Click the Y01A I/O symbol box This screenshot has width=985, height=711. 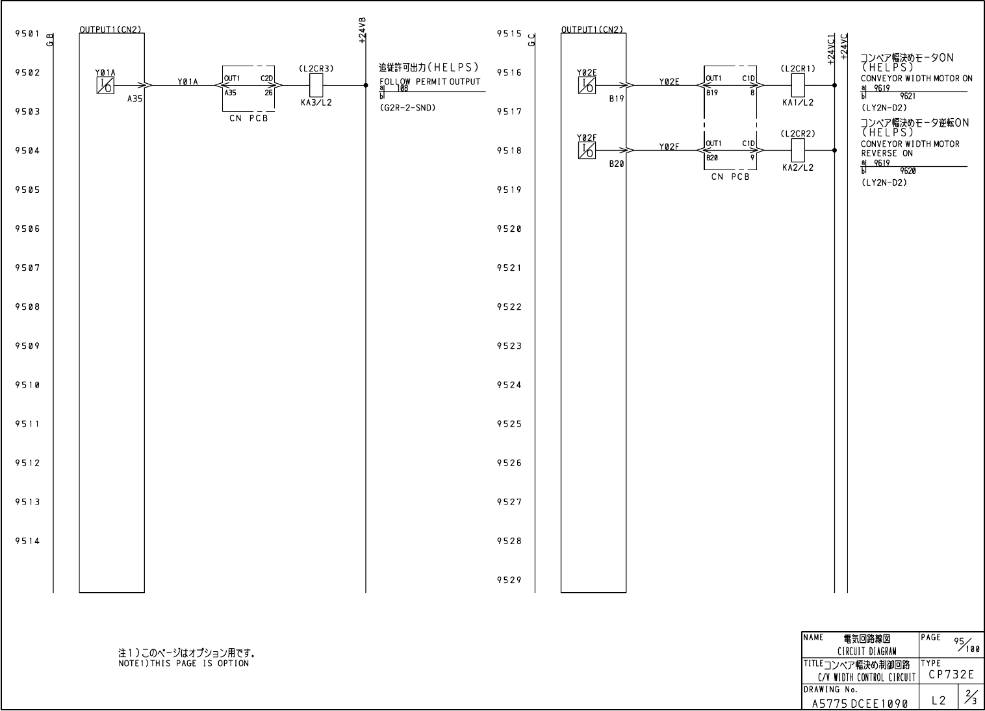point(105,85)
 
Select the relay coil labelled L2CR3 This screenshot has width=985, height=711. point(316,84)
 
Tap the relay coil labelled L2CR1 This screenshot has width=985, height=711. point(798,84)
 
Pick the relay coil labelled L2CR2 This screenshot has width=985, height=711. point(798,150)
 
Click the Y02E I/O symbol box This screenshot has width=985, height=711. point(586,85)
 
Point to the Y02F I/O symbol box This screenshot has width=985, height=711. point(586,151)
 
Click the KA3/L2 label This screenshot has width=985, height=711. point(316,103)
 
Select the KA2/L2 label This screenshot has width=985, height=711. point(798,168)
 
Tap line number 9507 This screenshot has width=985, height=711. point(27,268)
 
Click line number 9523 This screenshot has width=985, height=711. point(509,346)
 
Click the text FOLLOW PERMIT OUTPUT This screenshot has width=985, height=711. point(429,81)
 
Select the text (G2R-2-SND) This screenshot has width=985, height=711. point(407,108)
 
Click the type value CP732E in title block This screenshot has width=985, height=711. point(951,675)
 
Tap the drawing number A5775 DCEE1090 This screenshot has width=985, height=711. point(860,703)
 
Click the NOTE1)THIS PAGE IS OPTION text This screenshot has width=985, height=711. point(183,664)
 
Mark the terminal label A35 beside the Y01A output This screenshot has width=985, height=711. point(134,99)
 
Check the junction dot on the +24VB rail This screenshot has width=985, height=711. point(366,85)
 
